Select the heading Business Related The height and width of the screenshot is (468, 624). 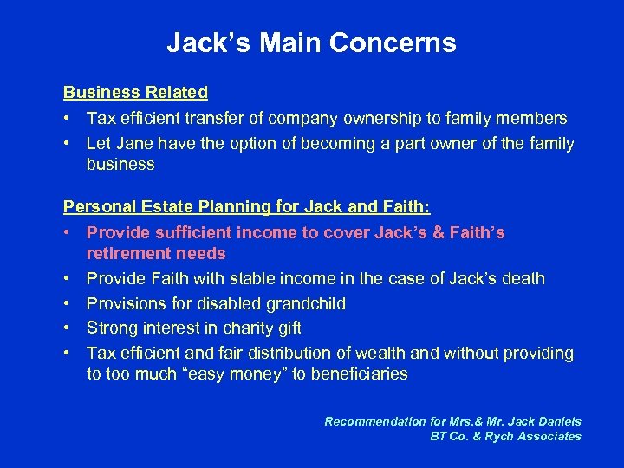(x=135, y=92)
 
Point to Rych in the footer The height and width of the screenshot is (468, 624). (x=502, y=436)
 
